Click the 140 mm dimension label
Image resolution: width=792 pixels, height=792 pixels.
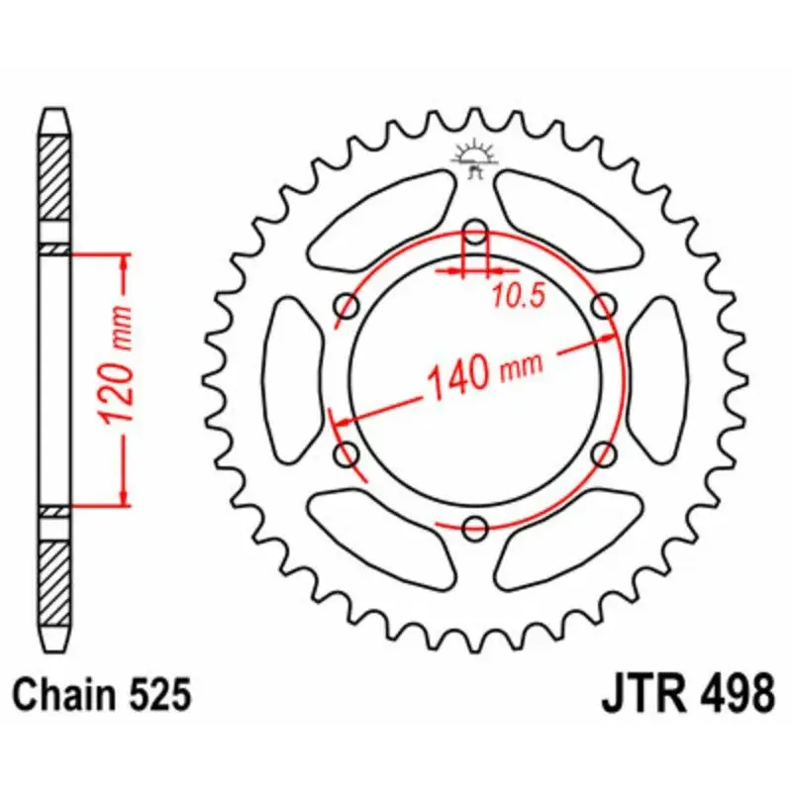pos(484,374)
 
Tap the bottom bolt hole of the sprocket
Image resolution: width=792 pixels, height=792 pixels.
pos(476,527)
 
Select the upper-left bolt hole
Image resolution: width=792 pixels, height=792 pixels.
pos(348,307)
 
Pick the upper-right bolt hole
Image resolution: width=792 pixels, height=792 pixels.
pos(603,307)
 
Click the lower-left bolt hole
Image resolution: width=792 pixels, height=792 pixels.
pos(348,454)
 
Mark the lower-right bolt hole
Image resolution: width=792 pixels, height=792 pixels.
pos(603,454)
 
